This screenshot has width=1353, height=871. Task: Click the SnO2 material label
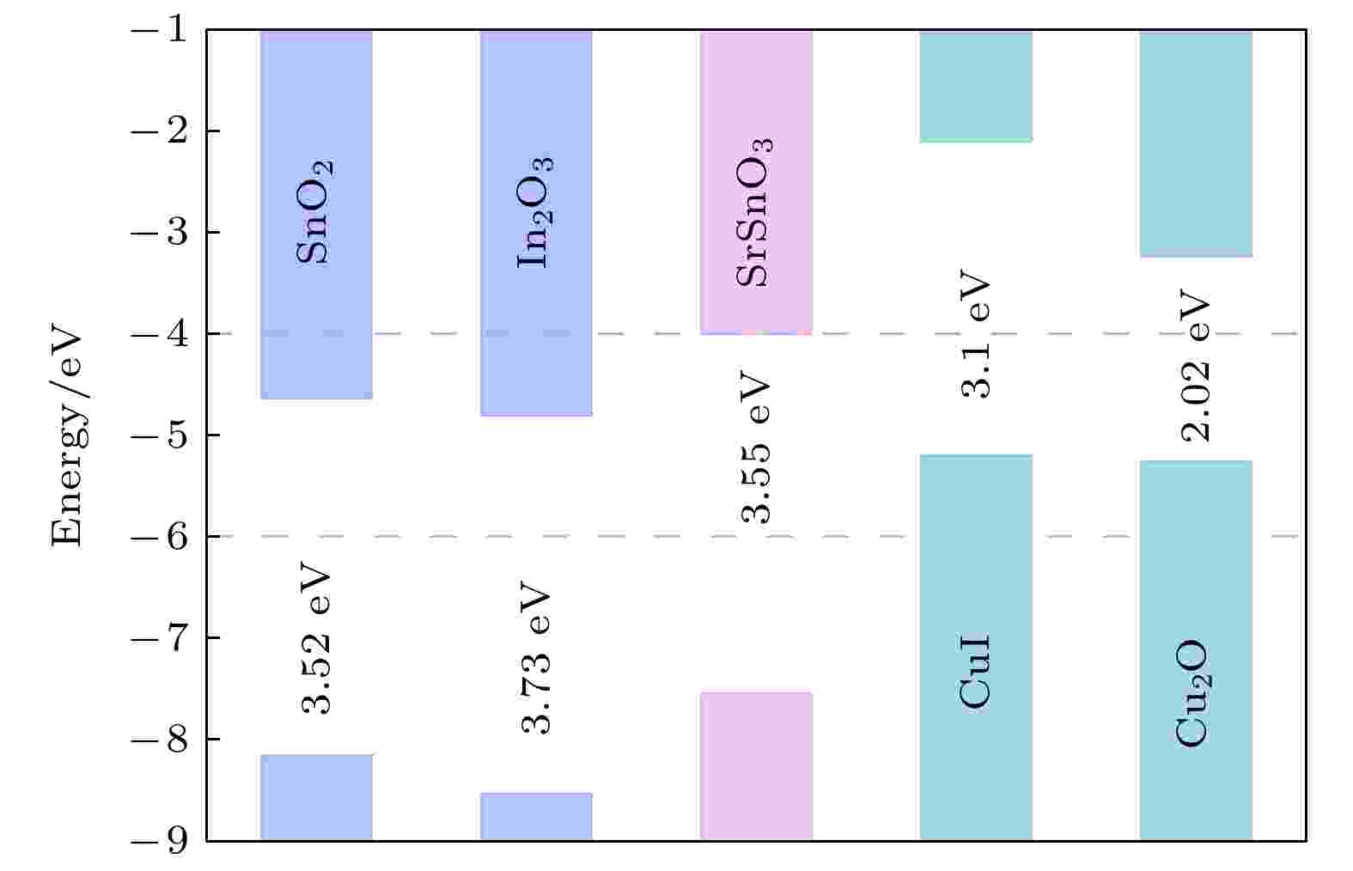coord(314,212)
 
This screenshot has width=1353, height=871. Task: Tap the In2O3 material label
coord(535,212)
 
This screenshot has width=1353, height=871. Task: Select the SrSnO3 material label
coord(754,212)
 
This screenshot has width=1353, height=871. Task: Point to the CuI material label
coord(975,671)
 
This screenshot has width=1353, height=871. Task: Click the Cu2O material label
coord(1193,693)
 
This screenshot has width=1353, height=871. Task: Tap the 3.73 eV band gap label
coord(535,658)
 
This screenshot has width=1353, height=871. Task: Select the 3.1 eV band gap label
coord(975,333)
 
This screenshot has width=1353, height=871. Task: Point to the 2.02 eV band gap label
coord(1195,365)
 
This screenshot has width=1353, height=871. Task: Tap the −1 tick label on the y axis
coord(160,29)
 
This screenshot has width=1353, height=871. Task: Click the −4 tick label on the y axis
coord(160,333)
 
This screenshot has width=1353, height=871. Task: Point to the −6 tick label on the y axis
coord(160,536)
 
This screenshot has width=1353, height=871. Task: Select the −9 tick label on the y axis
coord(160,841)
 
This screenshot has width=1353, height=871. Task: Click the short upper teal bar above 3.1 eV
coord(976,87)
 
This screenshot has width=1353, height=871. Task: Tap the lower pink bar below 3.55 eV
coord(756,766)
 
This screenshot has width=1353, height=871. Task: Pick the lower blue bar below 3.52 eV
coord(316,797)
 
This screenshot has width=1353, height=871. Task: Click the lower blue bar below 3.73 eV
coord(536,817)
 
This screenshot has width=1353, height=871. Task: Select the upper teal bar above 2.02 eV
coord(1195,143)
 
